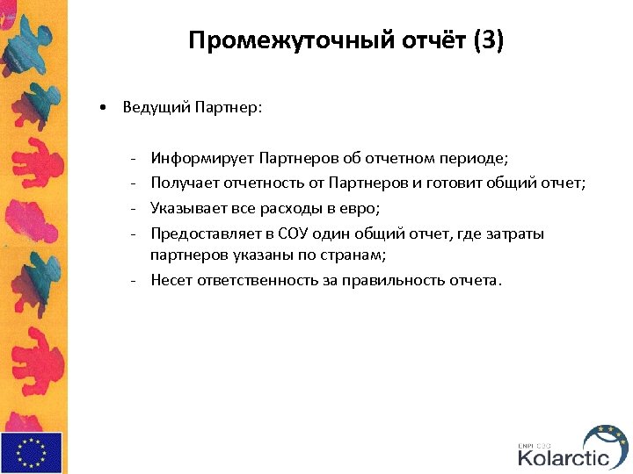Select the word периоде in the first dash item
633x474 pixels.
pyautogui.click(x=475, y=159)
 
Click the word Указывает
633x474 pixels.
pyautogui.click(x=184, y=209)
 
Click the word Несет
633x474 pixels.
pyautogui.click(x=171, y=280)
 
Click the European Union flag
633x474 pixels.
pyautogui.click(x=32, y=452)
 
